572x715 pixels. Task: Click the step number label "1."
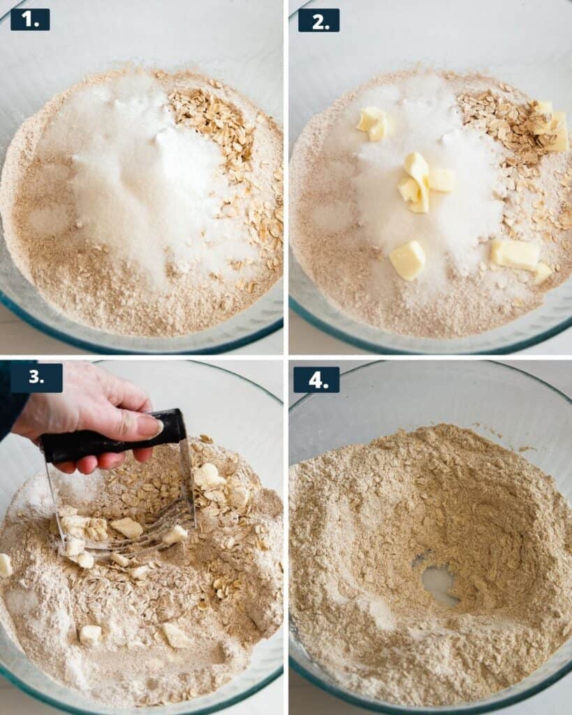click(x=29, y=19)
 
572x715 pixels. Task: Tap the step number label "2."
click(x=318, y=20)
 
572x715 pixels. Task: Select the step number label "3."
click(x=36, y=378)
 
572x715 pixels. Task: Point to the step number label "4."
click(x=316, y=379)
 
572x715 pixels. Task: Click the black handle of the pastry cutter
click(x=112, y=437)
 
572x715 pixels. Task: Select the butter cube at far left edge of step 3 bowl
click(x=5, y=565)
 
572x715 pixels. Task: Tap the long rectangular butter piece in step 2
click(x=515, y=254)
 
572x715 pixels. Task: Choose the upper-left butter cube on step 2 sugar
click(x=372, y=123)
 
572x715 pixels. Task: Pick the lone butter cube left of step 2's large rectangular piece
click(x=409, y=260)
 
